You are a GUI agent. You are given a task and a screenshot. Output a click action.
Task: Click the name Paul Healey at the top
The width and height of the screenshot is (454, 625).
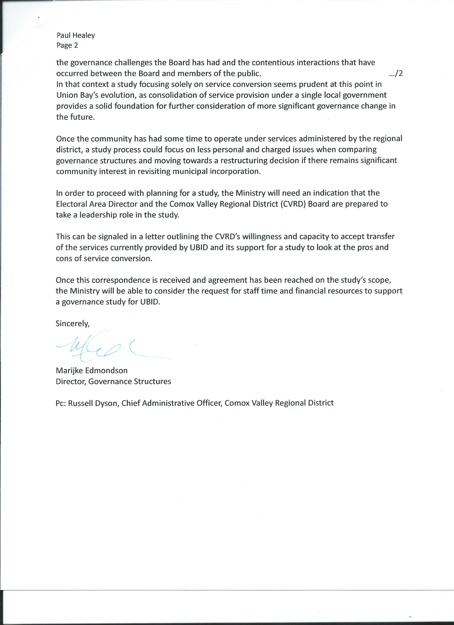76,35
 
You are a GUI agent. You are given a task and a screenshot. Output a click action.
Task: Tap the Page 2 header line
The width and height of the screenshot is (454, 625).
67,45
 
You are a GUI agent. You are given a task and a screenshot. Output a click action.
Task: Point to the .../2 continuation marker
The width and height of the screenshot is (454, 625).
396,74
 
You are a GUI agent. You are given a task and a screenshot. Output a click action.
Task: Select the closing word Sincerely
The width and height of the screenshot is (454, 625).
73,323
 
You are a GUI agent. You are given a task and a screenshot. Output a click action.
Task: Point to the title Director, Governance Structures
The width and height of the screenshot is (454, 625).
113,381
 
